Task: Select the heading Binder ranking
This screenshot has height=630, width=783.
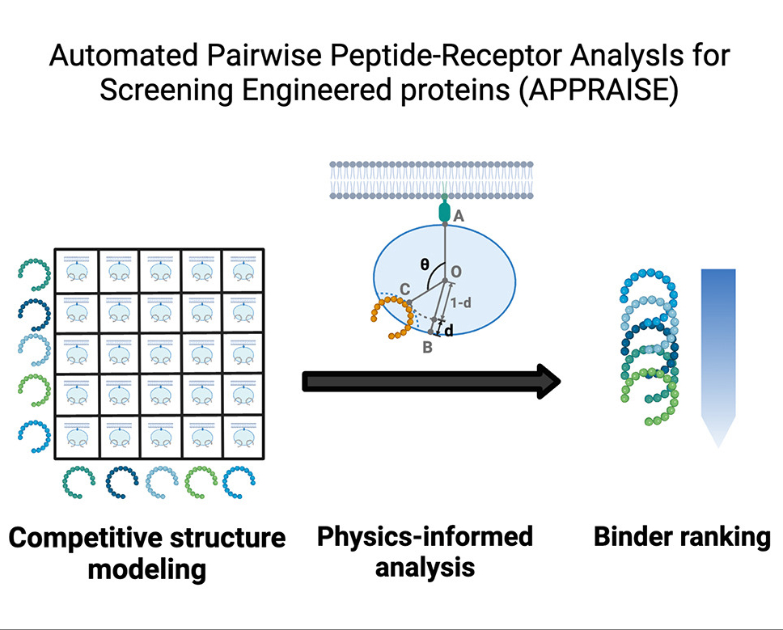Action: (x=682, y=537)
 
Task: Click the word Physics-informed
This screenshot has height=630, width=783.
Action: (x=425, y=536)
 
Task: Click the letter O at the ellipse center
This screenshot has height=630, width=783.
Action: (x=455, y=272)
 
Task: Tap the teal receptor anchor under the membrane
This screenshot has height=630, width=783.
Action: (x=443, y=211)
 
